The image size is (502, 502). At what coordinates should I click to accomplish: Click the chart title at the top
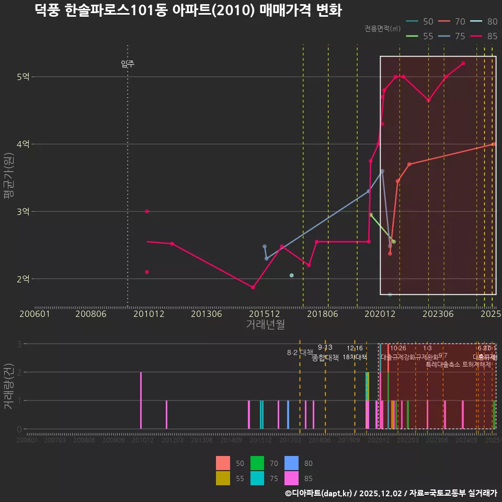pyautogui.click(x=188, y=10)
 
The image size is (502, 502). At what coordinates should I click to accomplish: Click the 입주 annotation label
pyautogui.click(x=128, y=64)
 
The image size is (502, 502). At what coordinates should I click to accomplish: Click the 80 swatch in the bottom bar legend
pyautogui.click(x=292, y=463)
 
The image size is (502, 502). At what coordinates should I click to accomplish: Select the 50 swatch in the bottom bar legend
pyautogui.click(x=223, y=463)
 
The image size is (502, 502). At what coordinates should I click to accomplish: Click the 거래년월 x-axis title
pyautogui.click(x=265, y=324)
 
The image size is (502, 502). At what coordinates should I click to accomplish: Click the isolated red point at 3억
pyautogui.click(x=147, y=211)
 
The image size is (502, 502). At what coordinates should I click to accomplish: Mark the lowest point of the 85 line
pyautogui.click(x=253, y=288)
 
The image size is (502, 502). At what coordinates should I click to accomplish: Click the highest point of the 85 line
pyautogui.click(x=463, y=63)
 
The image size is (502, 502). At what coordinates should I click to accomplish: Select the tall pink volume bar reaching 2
pyautogui.click(x=141, y=400)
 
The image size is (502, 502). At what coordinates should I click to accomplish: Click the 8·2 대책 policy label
pyautogui.click(x=300, y=352)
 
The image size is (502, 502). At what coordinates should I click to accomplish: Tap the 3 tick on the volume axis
pyautogui.click(x=19, y=344)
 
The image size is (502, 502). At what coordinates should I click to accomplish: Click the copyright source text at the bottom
pyautogui.click(x=391, y=493)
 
